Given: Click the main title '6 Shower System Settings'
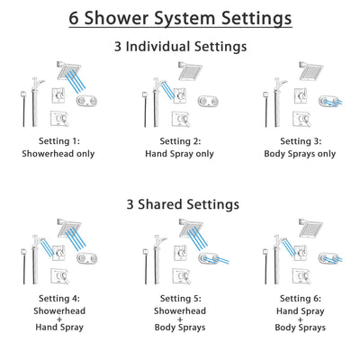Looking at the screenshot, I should click(180, 18).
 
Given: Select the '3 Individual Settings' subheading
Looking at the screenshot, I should click(180, 46).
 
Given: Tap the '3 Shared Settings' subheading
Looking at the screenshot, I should click(180, 203).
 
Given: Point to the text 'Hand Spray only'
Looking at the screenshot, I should click(180, 154).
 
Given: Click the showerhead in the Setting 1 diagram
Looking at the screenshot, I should click(68, 67).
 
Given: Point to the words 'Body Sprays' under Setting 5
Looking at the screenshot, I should click(180, 328).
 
